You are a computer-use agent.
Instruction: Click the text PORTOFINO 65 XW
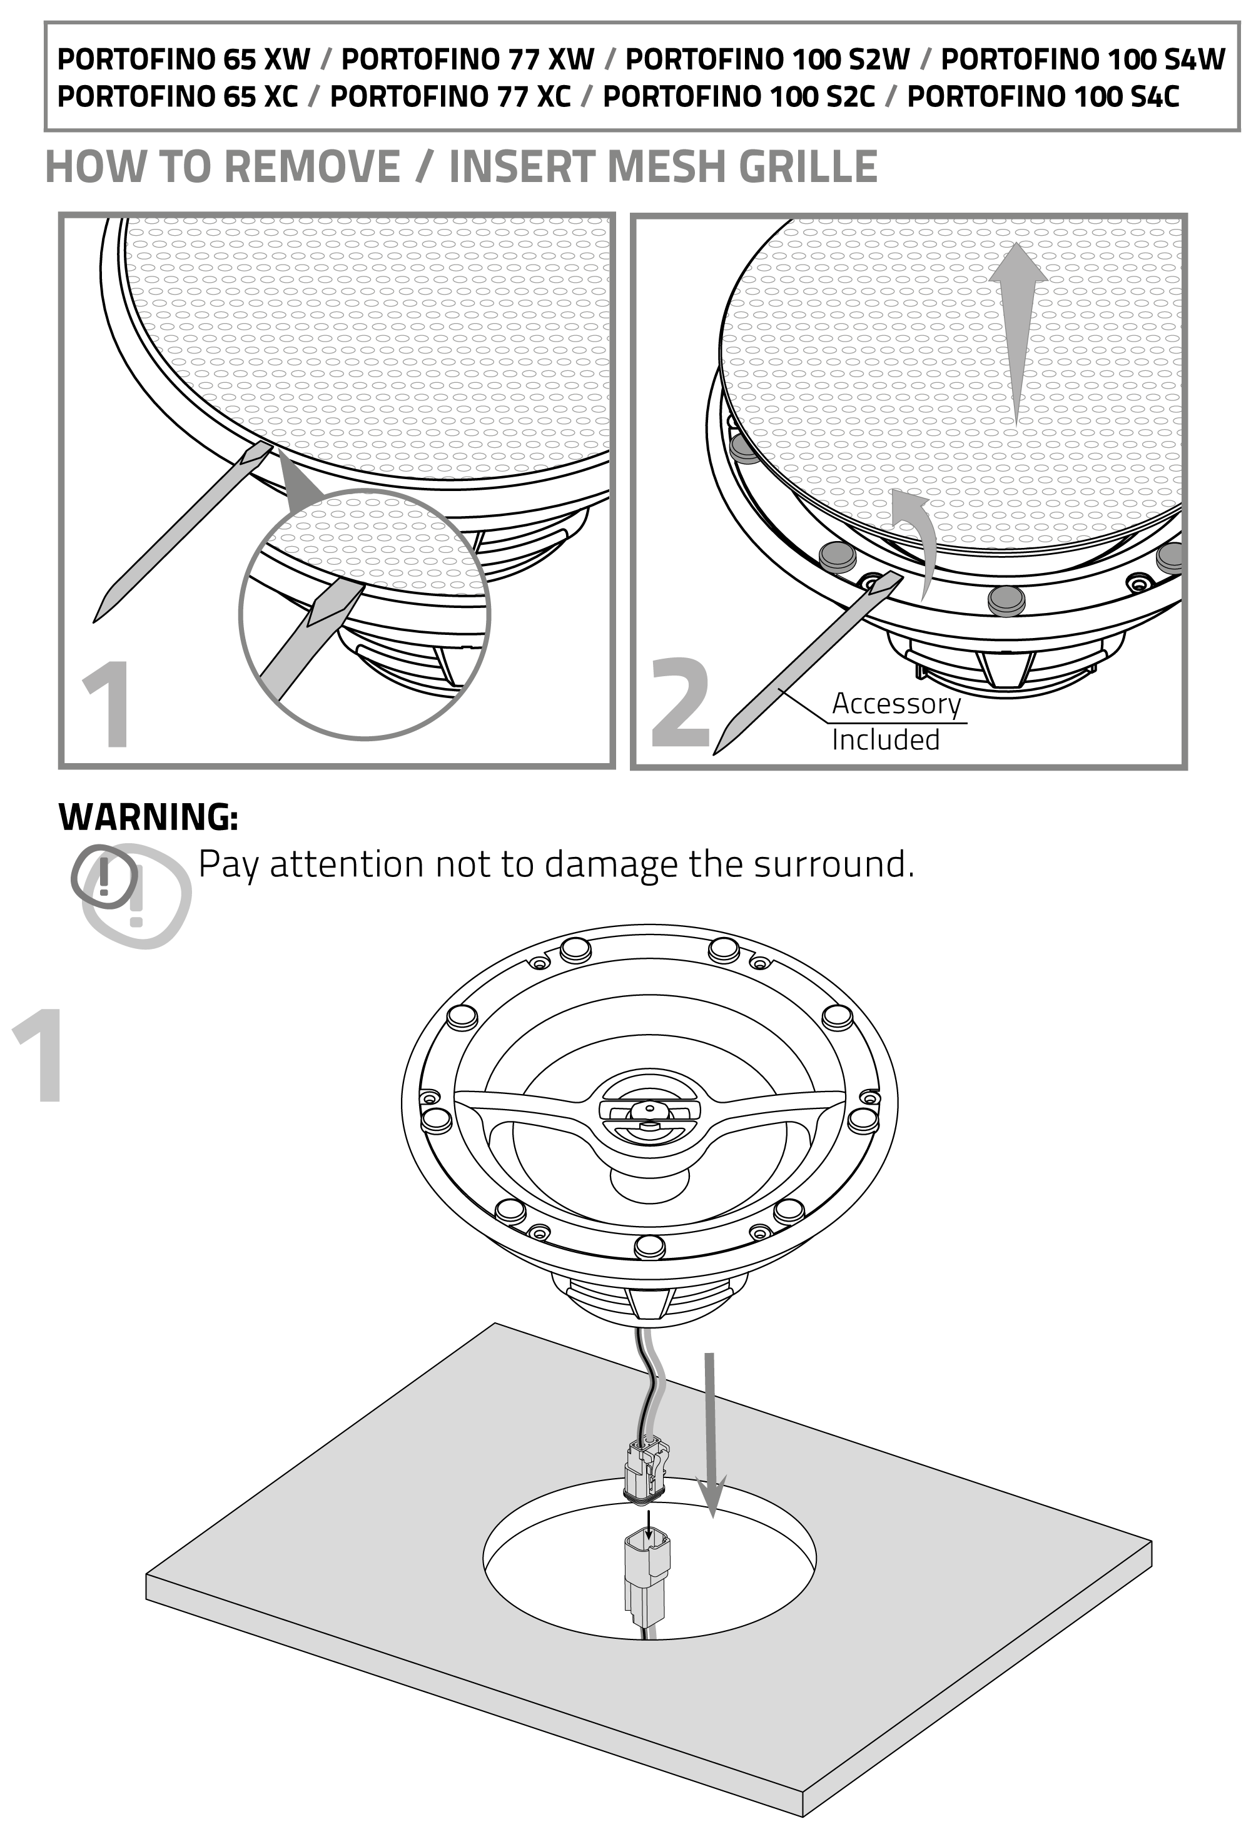coord(184,59)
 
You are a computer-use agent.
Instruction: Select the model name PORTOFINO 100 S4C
coord(1043,96)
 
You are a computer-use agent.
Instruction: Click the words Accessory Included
coord(896,721)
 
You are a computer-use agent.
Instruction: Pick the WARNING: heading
coord(148,817)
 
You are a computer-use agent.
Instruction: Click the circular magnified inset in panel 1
coord(365,615)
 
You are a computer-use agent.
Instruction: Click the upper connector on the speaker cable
coord(647,1469)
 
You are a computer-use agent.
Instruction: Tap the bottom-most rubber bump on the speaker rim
coord(649,1245)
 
